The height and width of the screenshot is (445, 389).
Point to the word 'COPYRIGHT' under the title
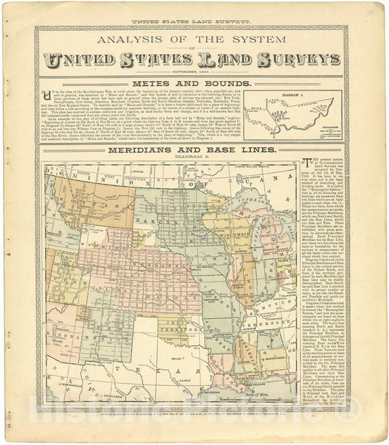pyautogui.click(x=184, y=72)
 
